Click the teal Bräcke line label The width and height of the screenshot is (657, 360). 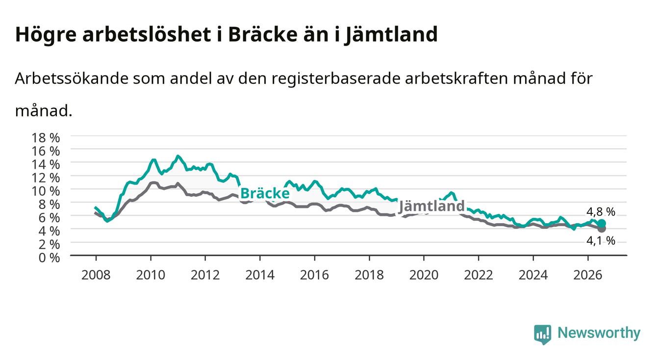click(x=265, y=193)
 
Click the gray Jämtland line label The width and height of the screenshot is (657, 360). click(x=432, y=206)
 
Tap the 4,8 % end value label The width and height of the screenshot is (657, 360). click(x=601, y=211)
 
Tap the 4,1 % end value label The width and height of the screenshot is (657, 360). click(x=601, y=241)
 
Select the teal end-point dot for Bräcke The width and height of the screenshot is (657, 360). click(x=602, y=224)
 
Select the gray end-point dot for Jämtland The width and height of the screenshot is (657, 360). click(x=602, y=229)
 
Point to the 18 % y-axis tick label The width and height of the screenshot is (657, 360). click(x=46, y=138)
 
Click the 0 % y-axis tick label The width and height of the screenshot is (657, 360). click(x=49, y=258)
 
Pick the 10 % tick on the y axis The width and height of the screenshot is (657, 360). click(x=46, y=191)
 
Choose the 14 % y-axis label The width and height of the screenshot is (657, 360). click(x=46, y=165)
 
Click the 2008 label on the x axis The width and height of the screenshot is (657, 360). click(x=96, y=275)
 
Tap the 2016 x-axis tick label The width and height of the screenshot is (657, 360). click(x=314, y=275)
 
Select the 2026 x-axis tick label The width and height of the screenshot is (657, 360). click(x=588, y=275)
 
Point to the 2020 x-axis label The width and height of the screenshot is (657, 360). click(x=424, y=275)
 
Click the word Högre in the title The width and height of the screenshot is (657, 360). click(x=46, y=35)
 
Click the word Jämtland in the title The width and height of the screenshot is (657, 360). click(x=391, y=35)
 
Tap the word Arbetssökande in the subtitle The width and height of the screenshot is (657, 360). click(x=72, y=78)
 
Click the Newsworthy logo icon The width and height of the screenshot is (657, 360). click(x=543, y=334)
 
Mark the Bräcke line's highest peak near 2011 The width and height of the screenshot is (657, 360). click(x=177, y=156)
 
